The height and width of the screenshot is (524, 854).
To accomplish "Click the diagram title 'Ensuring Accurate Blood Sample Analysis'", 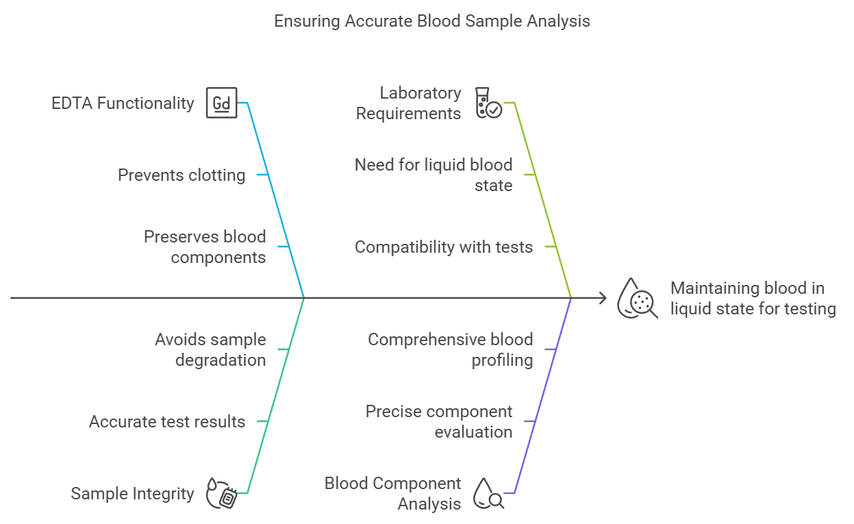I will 431,21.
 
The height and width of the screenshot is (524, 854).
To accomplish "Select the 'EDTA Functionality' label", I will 123,103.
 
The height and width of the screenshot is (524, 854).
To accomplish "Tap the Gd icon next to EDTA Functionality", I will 222,103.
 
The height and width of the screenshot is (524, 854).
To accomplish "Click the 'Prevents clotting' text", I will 181,175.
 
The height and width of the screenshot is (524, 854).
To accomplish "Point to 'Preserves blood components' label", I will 205,247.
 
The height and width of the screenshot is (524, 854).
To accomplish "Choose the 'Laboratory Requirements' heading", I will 409,103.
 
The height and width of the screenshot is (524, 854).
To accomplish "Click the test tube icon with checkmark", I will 488,103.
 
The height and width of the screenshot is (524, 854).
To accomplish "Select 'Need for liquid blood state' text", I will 434,175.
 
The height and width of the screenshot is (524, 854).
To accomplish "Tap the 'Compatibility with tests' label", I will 444,247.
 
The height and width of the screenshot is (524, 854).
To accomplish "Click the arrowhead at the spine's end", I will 603,298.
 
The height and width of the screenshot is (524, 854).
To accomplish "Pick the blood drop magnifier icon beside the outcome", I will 638,299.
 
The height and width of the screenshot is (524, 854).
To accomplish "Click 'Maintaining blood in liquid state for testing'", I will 753,299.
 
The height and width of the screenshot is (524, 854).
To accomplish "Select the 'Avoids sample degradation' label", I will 210,349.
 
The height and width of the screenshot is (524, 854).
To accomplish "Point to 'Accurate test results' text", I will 167,422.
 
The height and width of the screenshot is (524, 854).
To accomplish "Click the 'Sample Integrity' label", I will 133,494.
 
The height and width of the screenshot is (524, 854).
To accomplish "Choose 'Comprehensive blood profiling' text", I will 451,349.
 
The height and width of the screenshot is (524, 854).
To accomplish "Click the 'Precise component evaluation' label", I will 439,422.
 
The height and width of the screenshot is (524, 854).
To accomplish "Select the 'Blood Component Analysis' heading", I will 393,493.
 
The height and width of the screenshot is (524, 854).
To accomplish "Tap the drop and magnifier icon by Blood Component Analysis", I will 488,493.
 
